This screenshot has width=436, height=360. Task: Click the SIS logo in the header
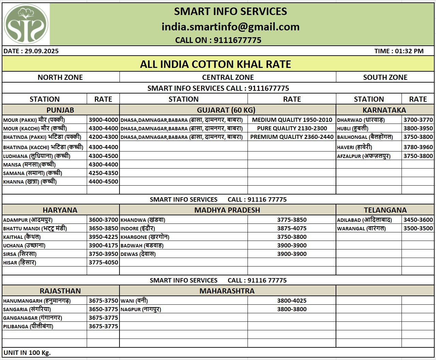tap(26, 24)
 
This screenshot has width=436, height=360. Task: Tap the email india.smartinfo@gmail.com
tap(230, 27)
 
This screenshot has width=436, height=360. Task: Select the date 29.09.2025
tap(31, 51)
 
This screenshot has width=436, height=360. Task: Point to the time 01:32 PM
tap(399, 51)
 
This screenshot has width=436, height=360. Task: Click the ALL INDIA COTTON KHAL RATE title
tap(215, 64)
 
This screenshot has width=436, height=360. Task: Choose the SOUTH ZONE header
tap(385, 77)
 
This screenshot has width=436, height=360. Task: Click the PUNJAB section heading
tap(60, 110)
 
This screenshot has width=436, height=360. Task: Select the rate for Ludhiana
tap(103, 156)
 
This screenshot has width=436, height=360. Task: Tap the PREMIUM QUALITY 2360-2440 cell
tap(292, 137)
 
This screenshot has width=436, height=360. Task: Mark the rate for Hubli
tap(418, 128)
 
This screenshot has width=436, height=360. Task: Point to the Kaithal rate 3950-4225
tap(103, 237)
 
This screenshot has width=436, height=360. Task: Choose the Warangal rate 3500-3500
tap(418, 228)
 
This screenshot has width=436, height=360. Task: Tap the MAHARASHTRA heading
tap(227, 291)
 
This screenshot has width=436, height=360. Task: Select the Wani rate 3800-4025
tap(292, 301)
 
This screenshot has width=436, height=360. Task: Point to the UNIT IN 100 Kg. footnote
tap(27, 352)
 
